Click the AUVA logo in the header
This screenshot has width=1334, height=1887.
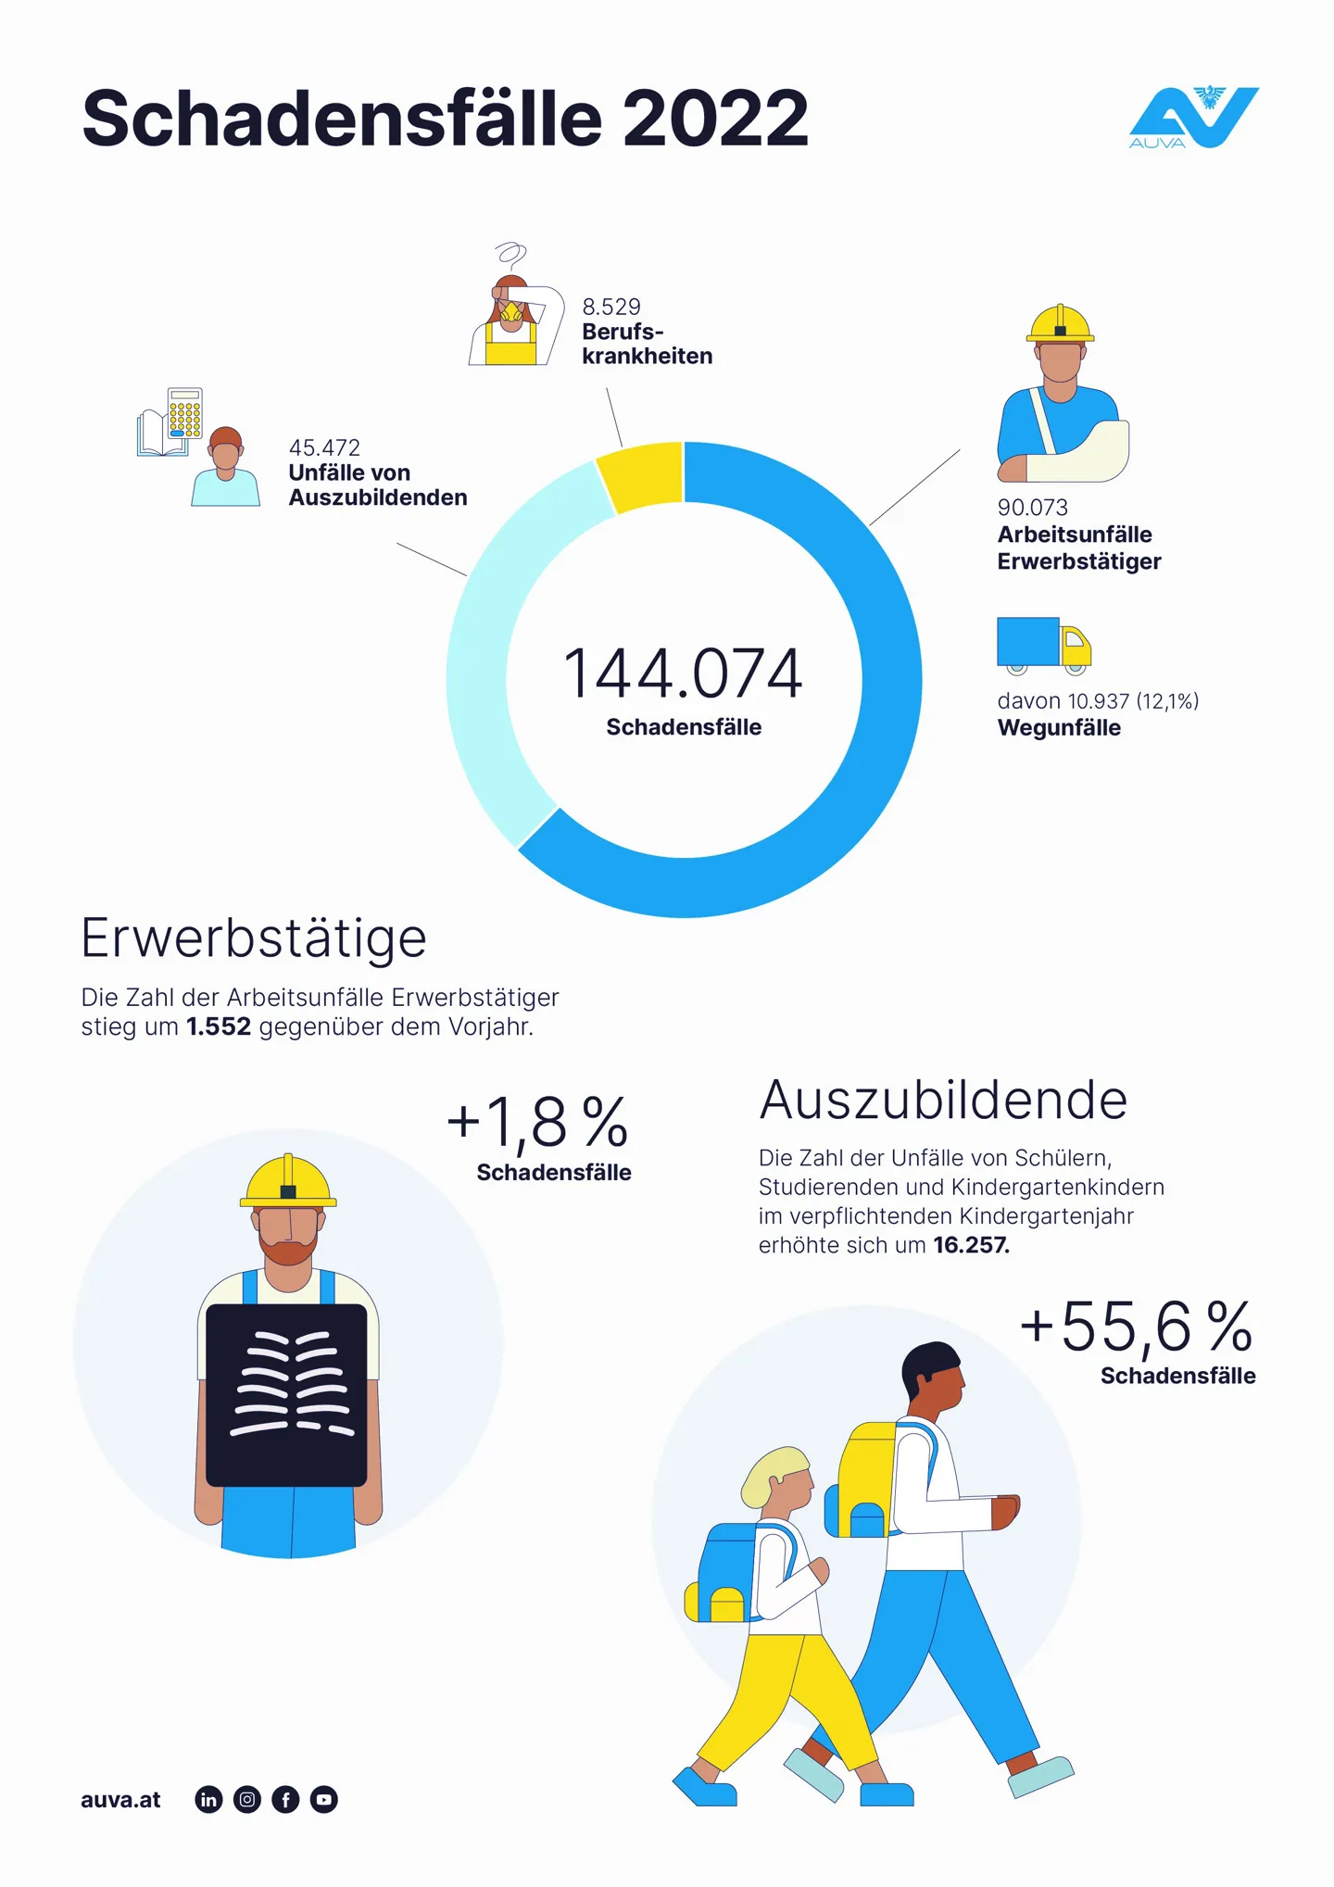pyautogui.click(x=1193, y=118)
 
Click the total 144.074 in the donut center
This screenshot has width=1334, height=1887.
pyautogui.click(x=683, y=673)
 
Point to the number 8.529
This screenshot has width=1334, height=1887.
pyautogui.click(x=610, y=307)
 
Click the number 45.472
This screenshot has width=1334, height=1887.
pyautogui.click(x=324, y=447)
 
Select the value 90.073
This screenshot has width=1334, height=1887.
pyautogui.click(x=1032, y=508)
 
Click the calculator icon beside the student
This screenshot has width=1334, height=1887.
pyautogui.click(x=185, y=413)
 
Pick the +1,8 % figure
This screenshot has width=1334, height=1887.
pyautogui.click(x=537, y=1122)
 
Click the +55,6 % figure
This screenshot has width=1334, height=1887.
pyautogui.click(x=1136, y=1327)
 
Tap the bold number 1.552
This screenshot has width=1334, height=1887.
pyautogui.click(x=219, y=1027)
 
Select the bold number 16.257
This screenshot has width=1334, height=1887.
pyautogui.click(x=971, y=1246)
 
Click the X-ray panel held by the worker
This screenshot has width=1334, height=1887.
pyautogui.click(x=287, y=1394)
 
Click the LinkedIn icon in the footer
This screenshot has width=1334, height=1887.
pyautogui.click(x=209, y=1800)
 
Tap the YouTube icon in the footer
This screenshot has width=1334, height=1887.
pyautogui.click(x=324, y=1800)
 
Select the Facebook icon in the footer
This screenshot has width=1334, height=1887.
pyautogui.click(x=285, y=1800)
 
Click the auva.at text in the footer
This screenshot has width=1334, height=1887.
pyautogui.click(x=120, y=1800)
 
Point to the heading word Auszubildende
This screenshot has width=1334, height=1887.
pyautogui.click(x=943, y=1100)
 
